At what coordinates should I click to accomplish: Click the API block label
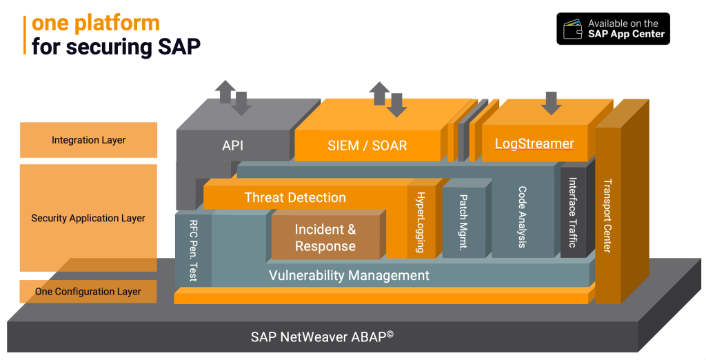click(232, 146)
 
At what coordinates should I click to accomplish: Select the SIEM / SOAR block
click(367, 146)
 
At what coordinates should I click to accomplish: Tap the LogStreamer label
click(534, 143)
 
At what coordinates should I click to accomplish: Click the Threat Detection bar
click(295, 198)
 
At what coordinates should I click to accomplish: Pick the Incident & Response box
click(325, 237)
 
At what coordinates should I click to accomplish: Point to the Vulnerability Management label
click(348, 275)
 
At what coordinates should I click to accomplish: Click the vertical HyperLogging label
click(420, 221)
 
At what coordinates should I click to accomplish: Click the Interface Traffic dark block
click(572, 212)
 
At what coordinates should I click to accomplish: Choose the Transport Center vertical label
click(607, 216)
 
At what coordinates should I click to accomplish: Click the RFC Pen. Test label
click(193, 250)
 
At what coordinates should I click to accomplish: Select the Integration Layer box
click(89, 140)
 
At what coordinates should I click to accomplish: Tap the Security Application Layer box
click(89, 218)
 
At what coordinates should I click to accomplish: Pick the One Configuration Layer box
click(89, 292)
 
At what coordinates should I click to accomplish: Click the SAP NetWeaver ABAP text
click(321, 337)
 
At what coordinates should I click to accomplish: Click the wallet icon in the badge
click(572, 29)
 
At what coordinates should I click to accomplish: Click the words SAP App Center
click(626, 34)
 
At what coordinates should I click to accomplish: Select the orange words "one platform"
click(96, 23)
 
